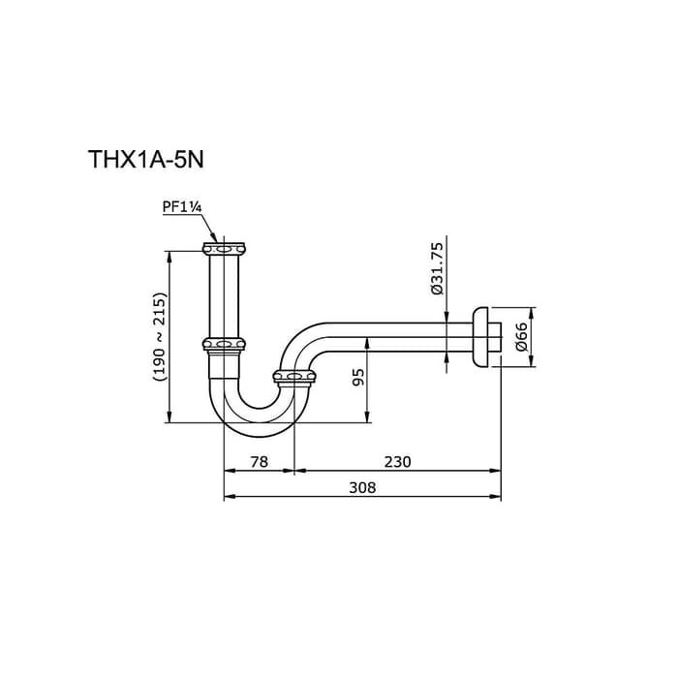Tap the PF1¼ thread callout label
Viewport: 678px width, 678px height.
click(182, 205)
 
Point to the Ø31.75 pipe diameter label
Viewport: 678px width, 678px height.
click(436, 268)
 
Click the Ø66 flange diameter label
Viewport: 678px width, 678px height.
click(521, 336)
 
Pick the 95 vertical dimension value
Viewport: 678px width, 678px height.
click(357, 377)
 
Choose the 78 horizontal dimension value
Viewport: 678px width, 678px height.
click(259, 462)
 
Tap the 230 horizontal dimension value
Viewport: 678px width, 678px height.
click(397, 462)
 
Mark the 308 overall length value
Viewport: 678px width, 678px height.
click(361, 488)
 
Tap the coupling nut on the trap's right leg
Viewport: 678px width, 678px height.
click(293, 375)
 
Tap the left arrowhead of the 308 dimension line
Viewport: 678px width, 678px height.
click(228, 498)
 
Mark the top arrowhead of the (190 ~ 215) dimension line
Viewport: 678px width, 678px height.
click(170, 255)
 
